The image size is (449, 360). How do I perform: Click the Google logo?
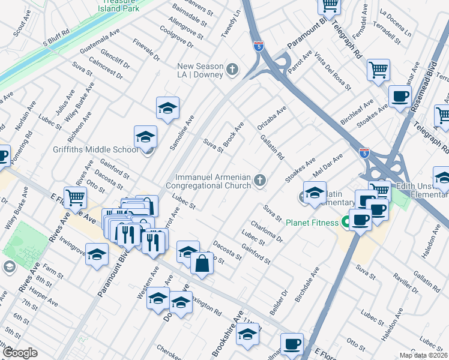point(20,353)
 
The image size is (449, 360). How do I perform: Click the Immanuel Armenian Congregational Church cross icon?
point(260,180)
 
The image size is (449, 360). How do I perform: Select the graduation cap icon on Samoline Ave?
point(168,108)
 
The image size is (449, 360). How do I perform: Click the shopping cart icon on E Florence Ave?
point(75,196)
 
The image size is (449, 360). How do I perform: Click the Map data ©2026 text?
point(424,355)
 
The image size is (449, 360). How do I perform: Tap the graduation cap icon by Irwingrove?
point(97,254)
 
